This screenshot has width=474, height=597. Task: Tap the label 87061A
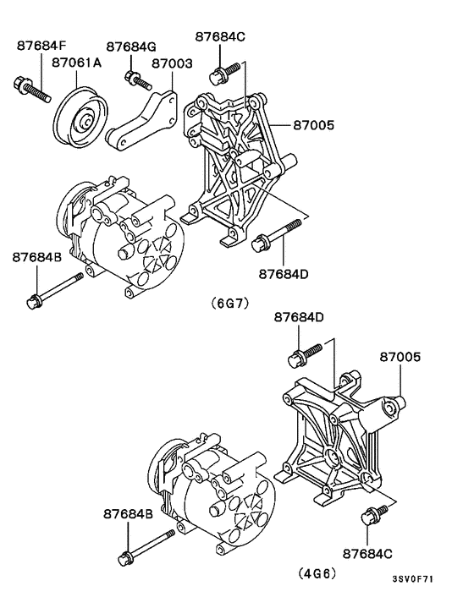click(x=77, y=62)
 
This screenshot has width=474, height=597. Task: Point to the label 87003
click(x=172, y=62)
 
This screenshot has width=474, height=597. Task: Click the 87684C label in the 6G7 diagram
click(x=220, y=36)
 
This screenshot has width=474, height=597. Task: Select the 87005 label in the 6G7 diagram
click(x=314, y=125)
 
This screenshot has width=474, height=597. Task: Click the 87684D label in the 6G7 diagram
click(x=284, y=274)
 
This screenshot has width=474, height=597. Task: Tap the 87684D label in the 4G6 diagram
click(x=299, y=317)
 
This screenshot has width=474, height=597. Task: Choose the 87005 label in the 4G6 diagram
click(x=400, y=358)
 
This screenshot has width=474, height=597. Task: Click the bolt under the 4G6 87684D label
click(x=306, y=351)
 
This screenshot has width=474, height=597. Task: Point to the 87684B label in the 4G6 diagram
click(x=129, y=513)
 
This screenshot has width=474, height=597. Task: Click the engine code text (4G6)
click(x=317, y=572)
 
